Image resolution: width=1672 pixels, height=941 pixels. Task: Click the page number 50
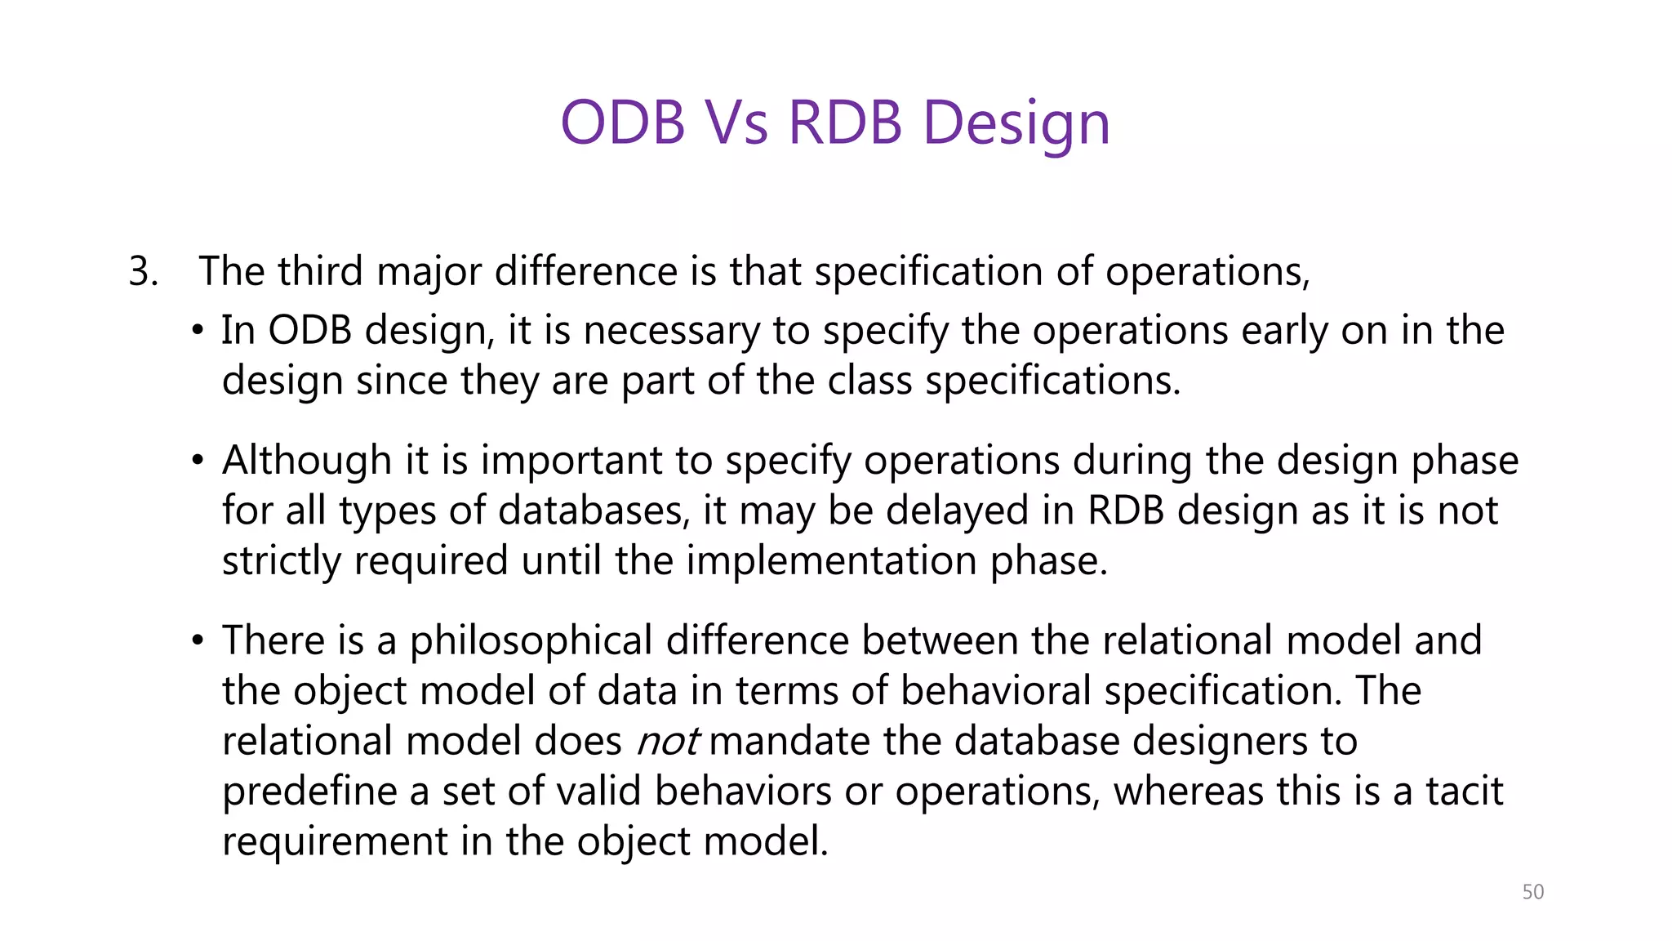1532,892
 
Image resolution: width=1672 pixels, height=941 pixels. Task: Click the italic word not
667,742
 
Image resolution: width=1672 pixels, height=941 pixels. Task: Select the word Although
307,460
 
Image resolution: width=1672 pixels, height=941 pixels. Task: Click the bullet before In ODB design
197,331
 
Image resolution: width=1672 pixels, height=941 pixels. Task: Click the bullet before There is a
197,640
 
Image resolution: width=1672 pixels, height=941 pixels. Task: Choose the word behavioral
995,691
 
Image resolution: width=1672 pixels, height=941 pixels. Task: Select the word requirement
334,841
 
